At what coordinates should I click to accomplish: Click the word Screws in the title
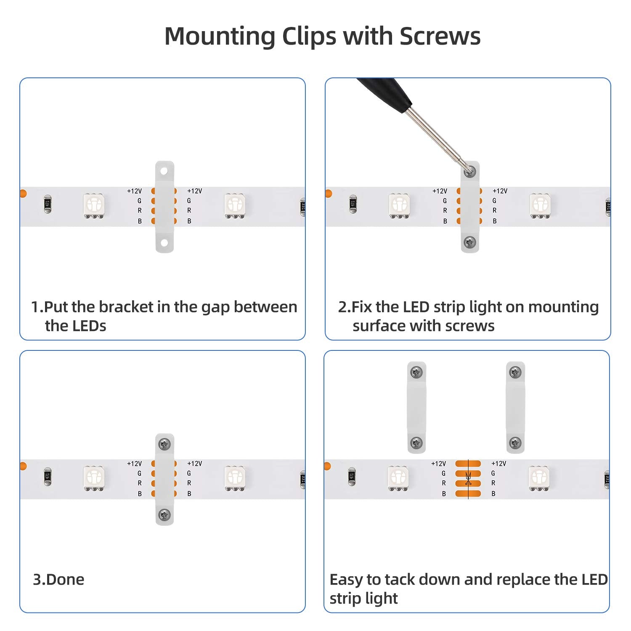[440, 36]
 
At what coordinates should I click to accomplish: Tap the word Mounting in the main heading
[220, 37]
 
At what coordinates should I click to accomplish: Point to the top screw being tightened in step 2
[469, 171]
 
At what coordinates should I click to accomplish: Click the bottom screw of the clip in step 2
[470, 242]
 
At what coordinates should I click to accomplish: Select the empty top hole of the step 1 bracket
[164, 171]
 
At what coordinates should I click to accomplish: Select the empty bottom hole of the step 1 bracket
[164, 243]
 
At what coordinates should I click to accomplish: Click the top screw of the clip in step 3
[164, 444]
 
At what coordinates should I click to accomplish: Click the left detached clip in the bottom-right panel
[416, 407]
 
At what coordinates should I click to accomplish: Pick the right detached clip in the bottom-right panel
[515, 407]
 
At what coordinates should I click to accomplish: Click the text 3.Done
[58, 579]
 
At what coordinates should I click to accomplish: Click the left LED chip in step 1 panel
[94, 205]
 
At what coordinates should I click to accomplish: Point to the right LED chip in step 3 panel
[235, 478]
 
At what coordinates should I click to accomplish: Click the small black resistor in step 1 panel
[48, 204]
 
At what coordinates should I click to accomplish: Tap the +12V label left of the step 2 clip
[440, 191]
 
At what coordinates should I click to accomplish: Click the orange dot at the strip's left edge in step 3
[23, 466]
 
